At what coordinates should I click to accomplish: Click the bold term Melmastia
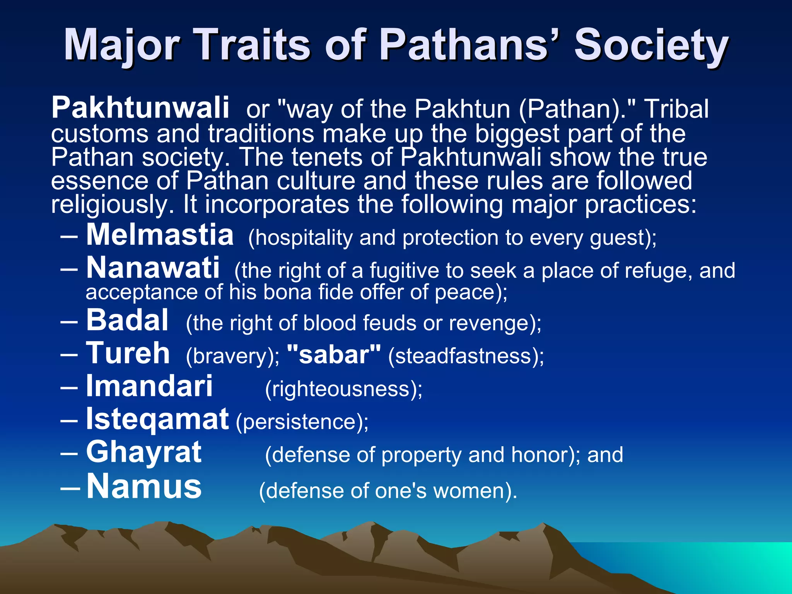point(160,235)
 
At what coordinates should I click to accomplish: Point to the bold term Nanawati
point(153,268)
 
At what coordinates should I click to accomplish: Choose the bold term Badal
point(127,320)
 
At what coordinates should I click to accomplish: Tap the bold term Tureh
point(128,353)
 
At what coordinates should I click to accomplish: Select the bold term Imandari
point(149,386)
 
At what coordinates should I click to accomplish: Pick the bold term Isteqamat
point(157,419)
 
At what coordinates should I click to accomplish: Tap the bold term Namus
point(144,486)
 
